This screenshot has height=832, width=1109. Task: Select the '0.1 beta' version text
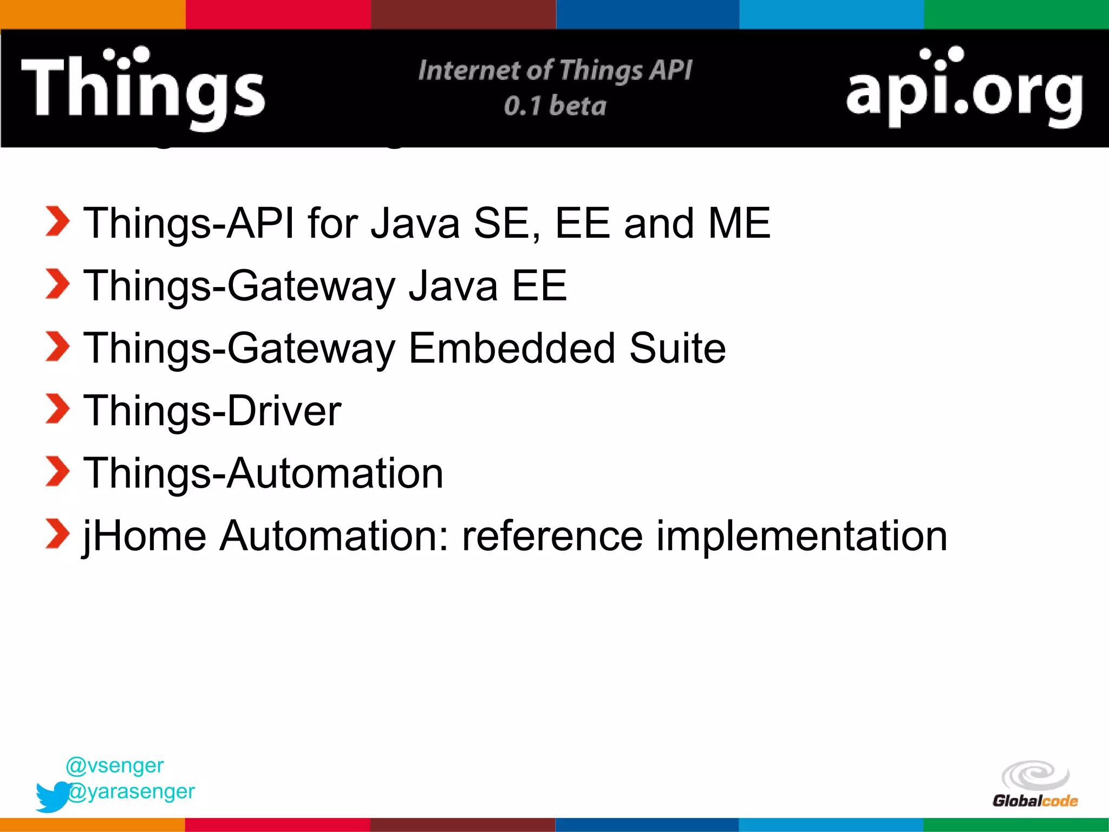pos(555,106)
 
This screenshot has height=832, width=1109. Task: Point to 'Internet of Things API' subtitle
pos(555,70)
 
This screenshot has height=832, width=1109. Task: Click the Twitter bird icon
pos(53,796)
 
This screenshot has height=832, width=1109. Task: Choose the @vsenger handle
pos(114,765)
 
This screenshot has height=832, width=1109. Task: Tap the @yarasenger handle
pos(132,791)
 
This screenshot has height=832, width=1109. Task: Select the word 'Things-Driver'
pos(212,411)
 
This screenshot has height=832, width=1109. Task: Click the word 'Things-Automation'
pos(263,473)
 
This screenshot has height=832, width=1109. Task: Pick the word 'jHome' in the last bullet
pos(145,536)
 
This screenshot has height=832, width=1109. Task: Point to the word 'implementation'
pos(801,536)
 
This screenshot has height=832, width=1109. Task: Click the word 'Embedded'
pos(512,348)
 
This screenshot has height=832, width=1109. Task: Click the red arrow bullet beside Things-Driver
pos(57,409)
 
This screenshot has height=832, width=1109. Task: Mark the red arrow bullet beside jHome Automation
pos(57,534)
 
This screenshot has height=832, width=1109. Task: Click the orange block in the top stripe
pos(92,14)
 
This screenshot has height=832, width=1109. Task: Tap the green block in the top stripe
pos(1016,14)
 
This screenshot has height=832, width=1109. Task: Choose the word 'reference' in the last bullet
pos(552,536)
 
